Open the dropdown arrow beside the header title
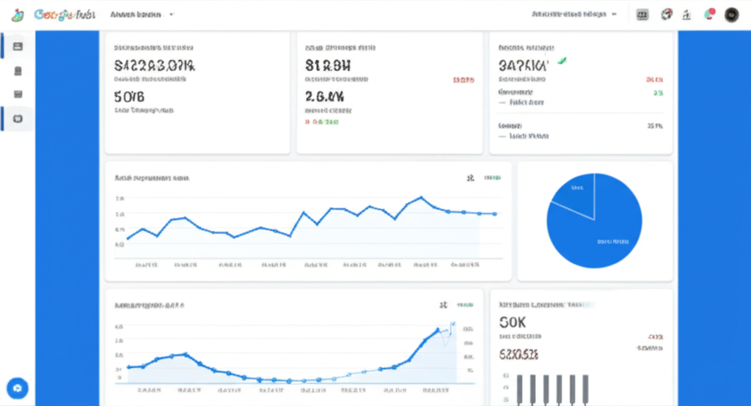pyautogui.click(x=172, y=14)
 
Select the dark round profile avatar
pyautogui.click(x=731, y=15)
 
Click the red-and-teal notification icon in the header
pyautogui.click(x=709, y=14)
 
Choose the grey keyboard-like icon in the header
pyautogui.click(x=643, y=15)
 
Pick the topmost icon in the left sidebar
pyautogui.click(x=18, y=46)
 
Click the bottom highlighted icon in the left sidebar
pyautogui.click(x=18, y=118)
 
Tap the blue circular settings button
pyautogui.click(x=17, y=388)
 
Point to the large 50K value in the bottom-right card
pyautogui.click(x=512, y=322)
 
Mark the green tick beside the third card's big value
pyautogui.click(x=563, y=62)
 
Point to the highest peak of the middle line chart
pyautogui.click(x=421, y=197)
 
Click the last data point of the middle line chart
pyautogui.click(x=496, y=214)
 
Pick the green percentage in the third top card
pyautogui.click(x=658, y=93)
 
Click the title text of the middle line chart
pyautogui.click(x=153, y=178)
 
